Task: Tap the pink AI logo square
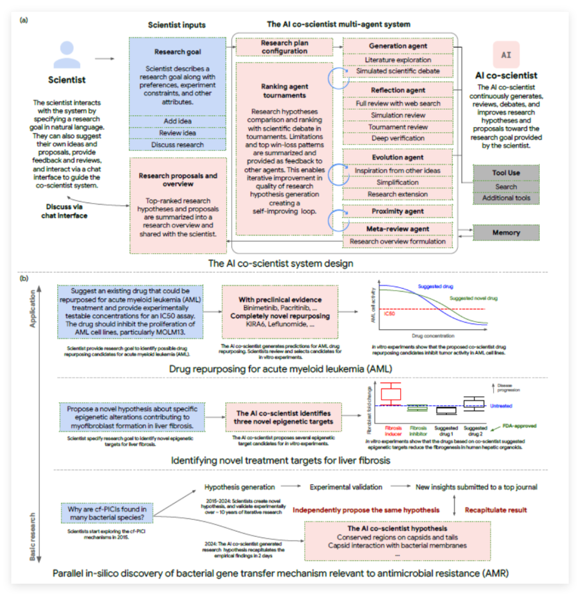point(506,55)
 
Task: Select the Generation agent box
point(398,46)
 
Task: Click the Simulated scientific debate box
point(398,71)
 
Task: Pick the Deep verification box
point(398,139)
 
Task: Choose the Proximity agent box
point(398,211)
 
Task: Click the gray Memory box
point(506,233)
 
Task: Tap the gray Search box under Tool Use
point(506,187)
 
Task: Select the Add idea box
point(178,121)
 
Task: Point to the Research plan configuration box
point(284,47)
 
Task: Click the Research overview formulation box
point(398,241)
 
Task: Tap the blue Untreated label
point(501,406)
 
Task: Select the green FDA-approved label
point(519,426)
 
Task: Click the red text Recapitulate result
point(495,510)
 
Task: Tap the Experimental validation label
point(346,487)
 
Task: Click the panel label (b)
point(24,279)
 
